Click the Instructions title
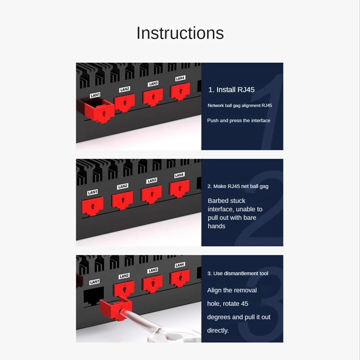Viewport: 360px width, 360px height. click(180, 33)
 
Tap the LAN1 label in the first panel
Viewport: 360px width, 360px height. click(95, 95)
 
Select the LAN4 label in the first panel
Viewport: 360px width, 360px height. click(180, 78)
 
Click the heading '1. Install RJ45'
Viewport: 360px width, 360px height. click(231, 90)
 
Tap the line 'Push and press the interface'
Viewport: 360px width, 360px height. click(238, 121)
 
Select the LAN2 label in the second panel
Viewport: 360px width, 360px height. click(122, 186)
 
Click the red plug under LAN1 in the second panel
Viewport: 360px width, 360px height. click(92, 206)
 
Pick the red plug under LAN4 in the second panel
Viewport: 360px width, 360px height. click(179, 189)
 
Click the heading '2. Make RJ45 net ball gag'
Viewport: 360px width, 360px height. click(238, 186)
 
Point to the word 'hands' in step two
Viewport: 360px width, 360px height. click(216, 226)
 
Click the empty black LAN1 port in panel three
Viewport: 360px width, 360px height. click(94, 296)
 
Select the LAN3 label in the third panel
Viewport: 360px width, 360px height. click(153, 270)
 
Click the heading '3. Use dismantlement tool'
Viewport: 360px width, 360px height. click(238, 274)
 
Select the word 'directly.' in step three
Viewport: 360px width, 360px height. click(218, 331)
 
